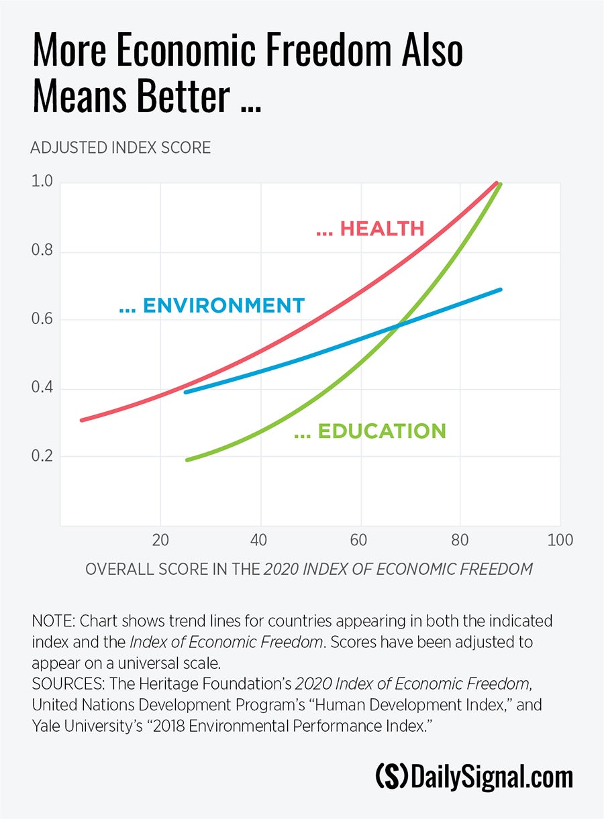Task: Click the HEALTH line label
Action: (370, 229)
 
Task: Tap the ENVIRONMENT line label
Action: (211, 306)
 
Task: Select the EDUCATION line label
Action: (370, 431)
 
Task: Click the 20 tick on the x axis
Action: (160, 540)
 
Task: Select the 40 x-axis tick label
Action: (260, 540)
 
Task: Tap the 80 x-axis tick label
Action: (460, 540)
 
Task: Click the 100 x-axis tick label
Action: (560, 540)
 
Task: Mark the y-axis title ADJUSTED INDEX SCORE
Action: (121, 148)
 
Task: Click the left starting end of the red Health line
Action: (82, 420)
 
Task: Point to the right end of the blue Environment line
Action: (500, 290)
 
